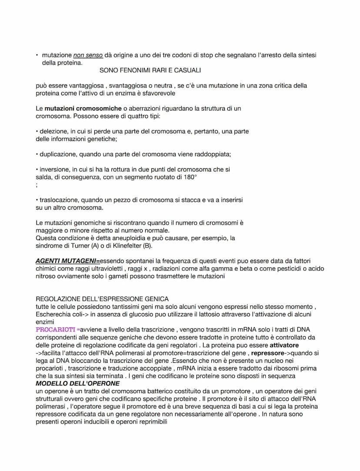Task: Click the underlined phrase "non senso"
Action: click(x=88, y=55)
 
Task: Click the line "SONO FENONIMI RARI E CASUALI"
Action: click(x=150, y=70)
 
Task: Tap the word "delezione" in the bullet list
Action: click(x=53, y=131)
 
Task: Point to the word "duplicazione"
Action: click(x=58, y=154)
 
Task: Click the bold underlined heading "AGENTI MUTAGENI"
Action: click(x=67, y=261)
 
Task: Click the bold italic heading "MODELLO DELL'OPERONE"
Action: click(x=78, y=384)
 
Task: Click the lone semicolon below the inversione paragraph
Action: click(x=37, y=185)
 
